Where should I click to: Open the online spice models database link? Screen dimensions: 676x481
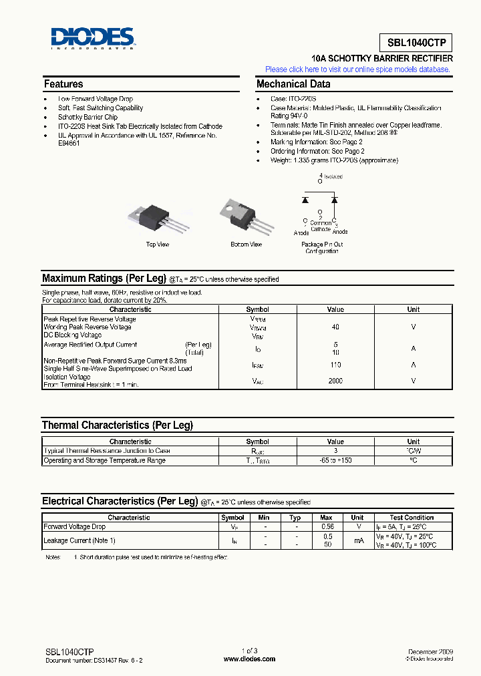(358, 69)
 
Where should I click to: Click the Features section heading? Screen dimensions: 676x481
(63, 84)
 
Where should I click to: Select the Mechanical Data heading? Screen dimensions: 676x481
(293, 84)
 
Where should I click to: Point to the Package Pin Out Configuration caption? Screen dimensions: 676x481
(322, 248)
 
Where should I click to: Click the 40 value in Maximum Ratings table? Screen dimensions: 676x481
(335, 327)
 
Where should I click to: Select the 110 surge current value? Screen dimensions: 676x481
(335, 365)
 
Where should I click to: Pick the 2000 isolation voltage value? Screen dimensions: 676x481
(335, 381)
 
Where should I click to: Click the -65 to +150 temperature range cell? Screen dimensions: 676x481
(335, 460)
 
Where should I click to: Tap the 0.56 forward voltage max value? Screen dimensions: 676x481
(326, 527)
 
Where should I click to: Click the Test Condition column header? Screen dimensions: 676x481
(412, 518)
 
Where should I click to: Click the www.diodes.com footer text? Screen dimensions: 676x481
(249, 659)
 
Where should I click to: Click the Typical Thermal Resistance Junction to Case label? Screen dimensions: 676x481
(107, 451)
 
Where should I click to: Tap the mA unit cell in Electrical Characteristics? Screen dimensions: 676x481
(357, 540)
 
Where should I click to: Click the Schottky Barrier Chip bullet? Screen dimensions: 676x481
(88, 117)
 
